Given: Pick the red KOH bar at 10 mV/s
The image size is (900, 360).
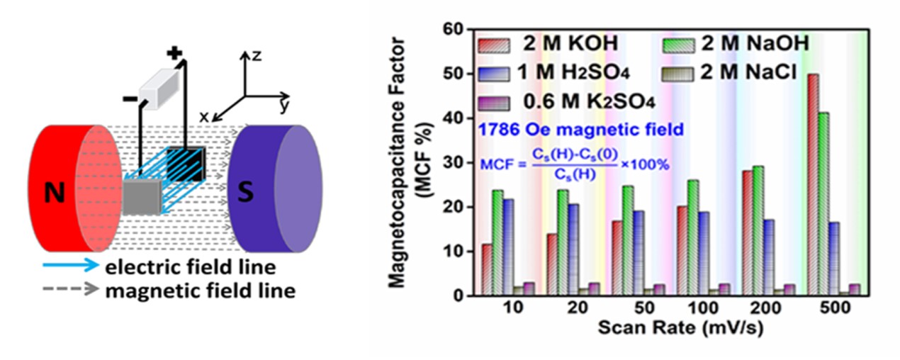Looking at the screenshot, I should click(x=487, y=269).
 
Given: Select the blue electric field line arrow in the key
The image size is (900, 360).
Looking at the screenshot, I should click(x=56, y=268).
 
